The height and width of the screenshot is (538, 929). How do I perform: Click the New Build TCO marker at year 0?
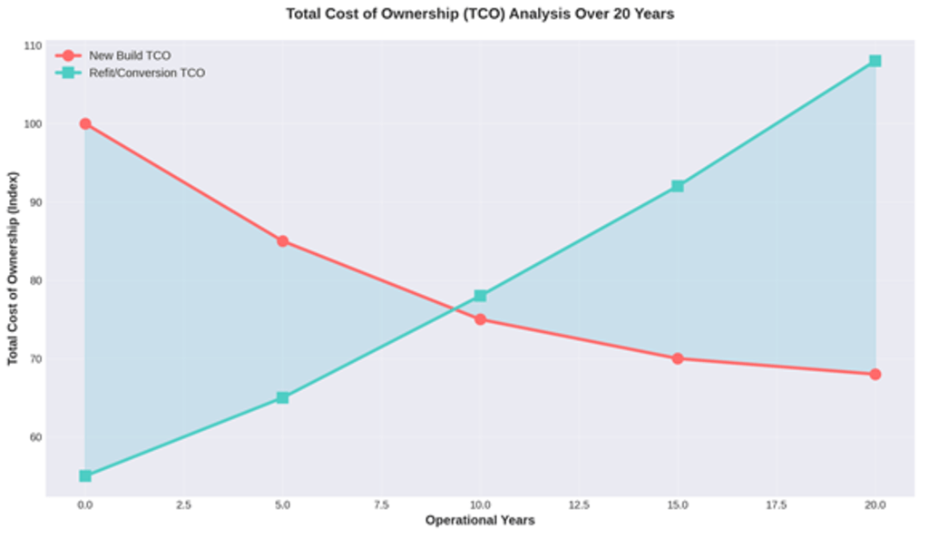click(85, 123)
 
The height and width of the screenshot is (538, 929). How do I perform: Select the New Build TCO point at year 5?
click(282, 241)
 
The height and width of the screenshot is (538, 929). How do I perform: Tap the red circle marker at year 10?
click(480, 319)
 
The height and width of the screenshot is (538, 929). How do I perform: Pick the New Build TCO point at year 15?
click(678, 358)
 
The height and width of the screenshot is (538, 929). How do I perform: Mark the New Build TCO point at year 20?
click(875, 374)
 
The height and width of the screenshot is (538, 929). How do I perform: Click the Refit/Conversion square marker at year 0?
click(85, 475)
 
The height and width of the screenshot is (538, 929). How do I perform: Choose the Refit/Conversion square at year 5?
click(282, 397)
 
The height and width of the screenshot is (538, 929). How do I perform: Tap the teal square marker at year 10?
click(480, 296)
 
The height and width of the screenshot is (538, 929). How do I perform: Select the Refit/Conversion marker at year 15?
click(678, 186)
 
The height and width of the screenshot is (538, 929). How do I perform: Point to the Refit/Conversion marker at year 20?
click(875, 61)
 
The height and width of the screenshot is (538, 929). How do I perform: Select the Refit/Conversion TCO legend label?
click(146, 73)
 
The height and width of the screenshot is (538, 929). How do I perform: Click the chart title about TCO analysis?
click(480, 14)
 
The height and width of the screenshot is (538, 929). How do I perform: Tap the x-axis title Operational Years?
click(480, 521)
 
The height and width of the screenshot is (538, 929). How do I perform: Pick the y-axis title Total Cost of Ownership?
click(13, 269)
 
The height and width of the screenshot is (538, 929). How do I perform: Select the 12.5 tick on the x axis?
click(579, 504)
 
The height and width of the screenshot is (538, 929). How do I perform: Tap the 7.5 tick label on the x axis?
click(381, 504)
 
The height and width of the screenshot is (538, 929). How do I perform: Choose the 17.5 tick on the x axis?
click(776, 504)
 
